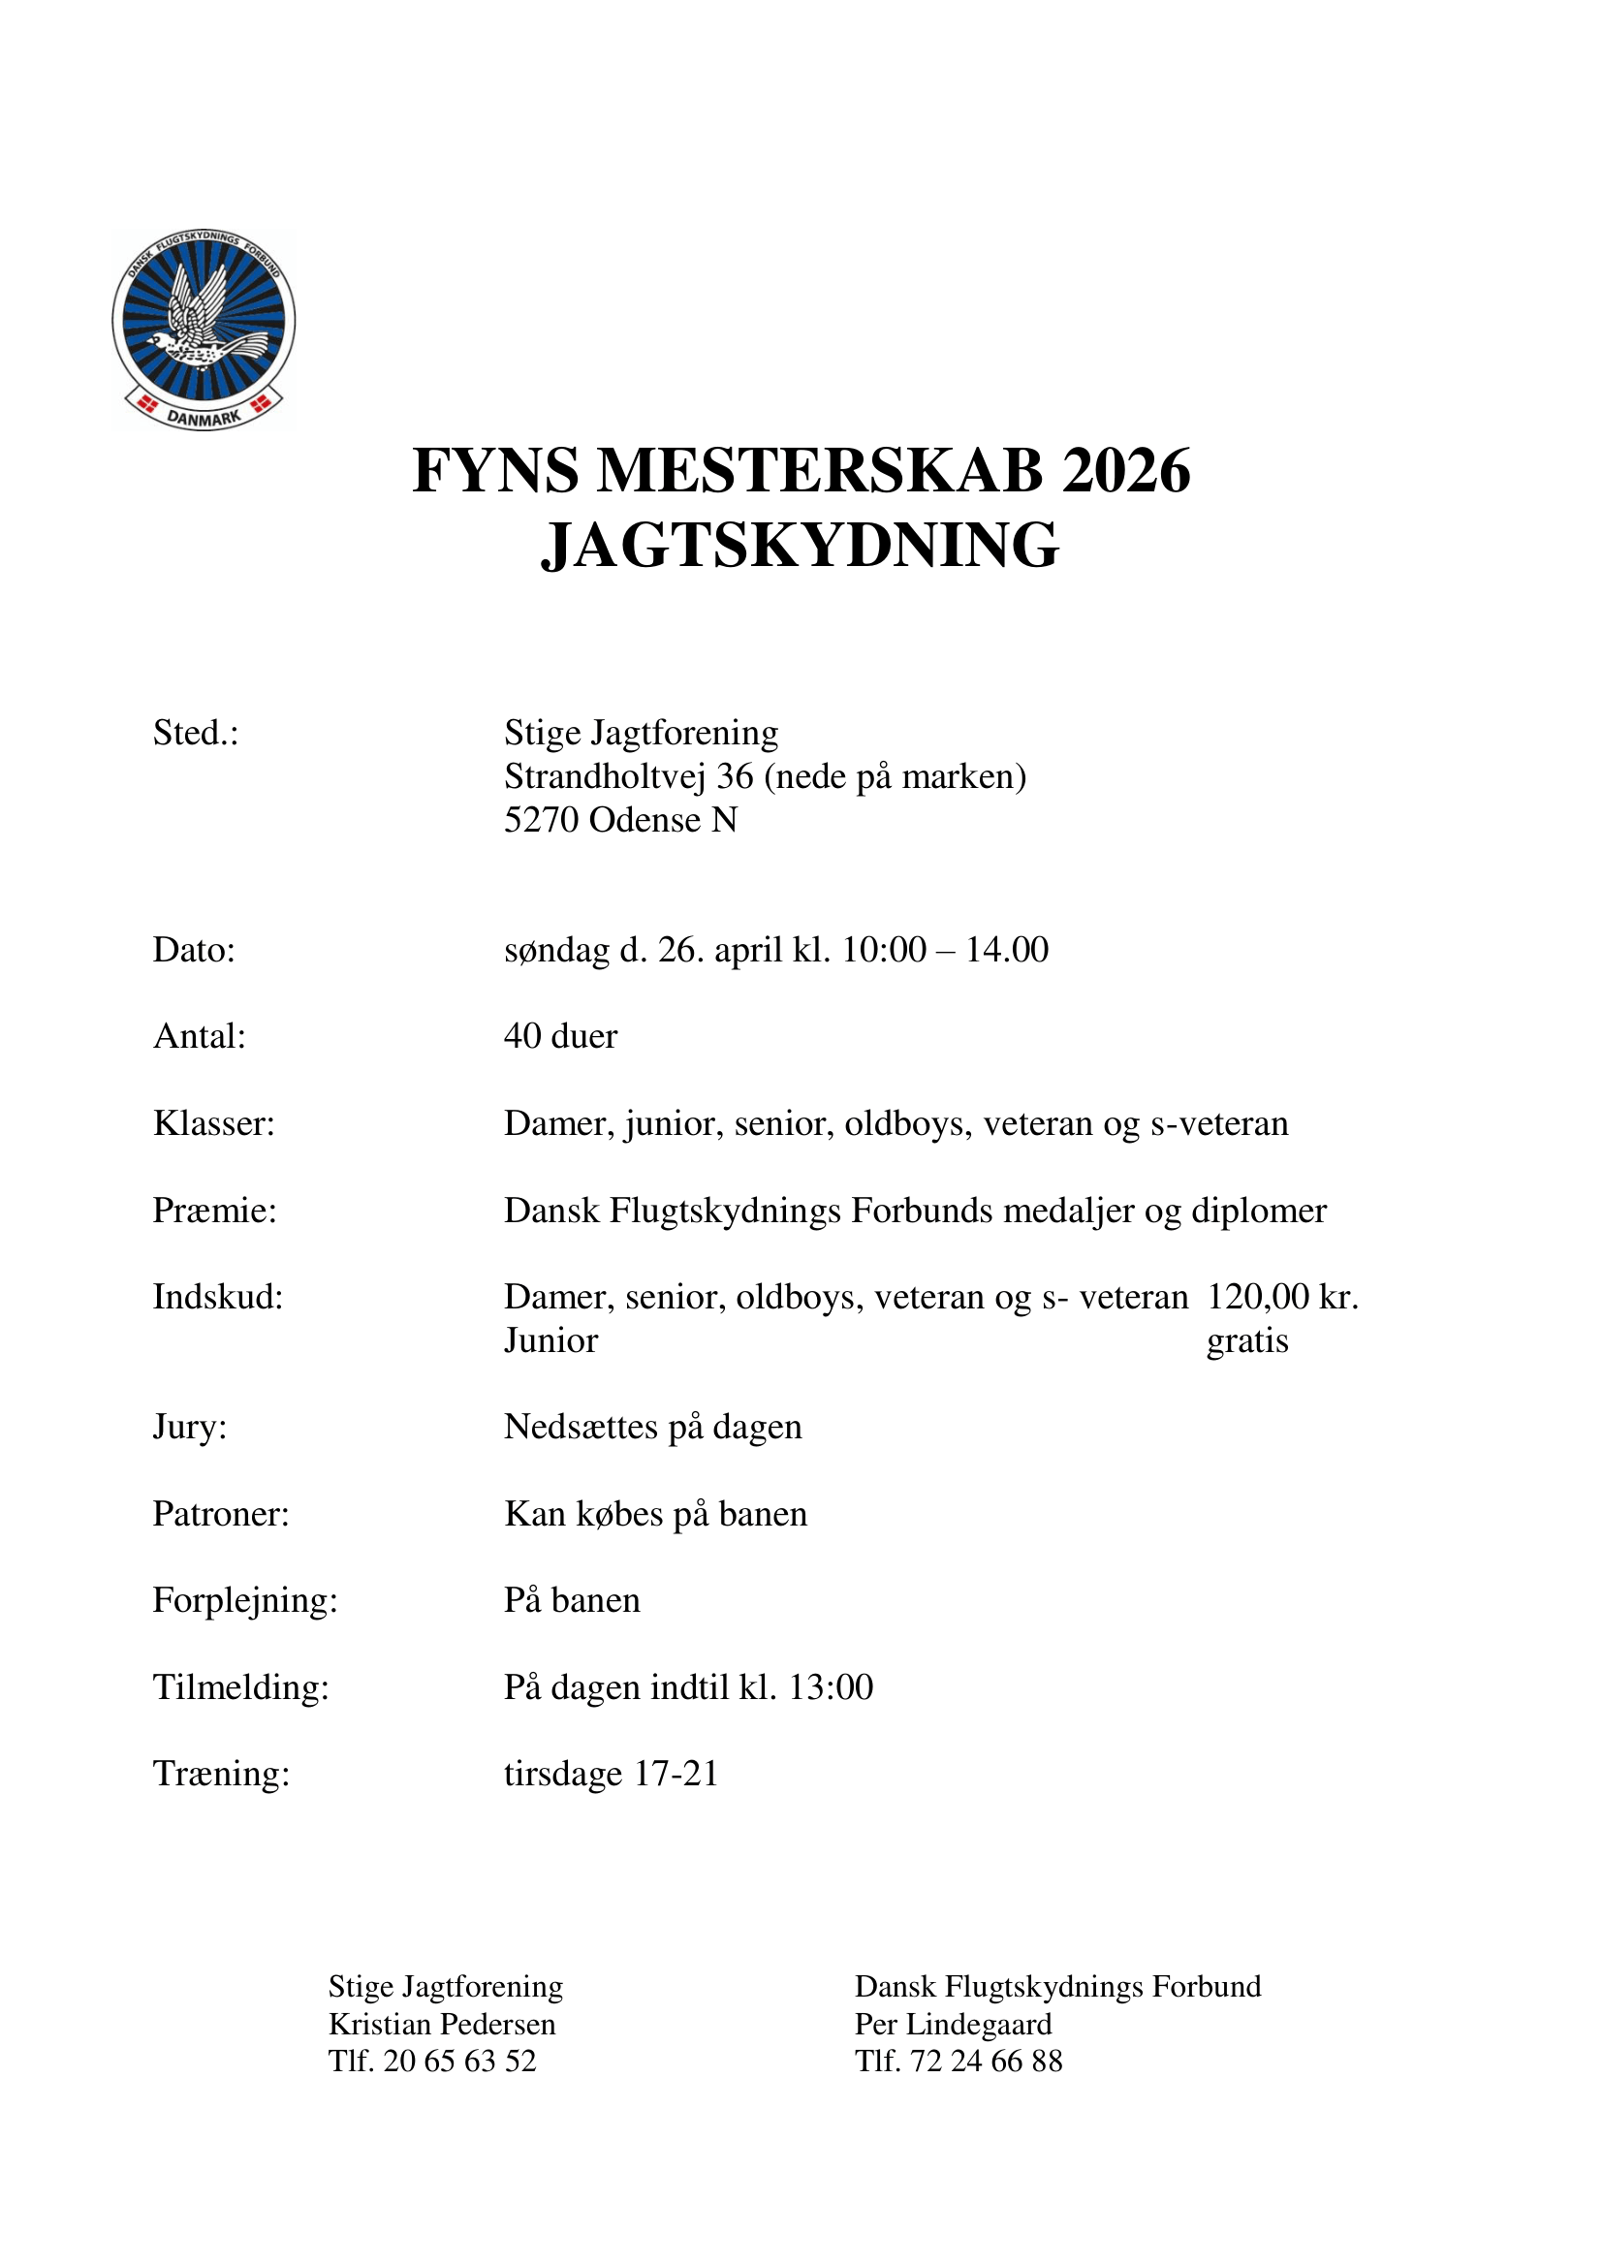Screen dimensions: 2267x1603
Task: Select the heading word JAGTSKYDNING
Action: click(800, 545)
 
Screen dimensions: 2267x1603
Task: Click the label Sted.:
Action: click(196, 733)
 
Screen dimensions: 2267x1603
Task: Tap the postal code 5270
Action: click(541, 820)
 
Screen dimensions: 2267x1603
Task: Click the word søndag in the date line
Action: click(556, 950)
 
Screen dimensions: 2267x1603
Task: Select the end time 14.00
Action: click(1007, 950)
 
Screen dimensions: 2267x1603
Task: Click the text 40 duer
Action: click(560, 1036)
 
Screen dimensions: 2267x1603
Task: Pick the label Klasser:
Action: click(213, 1123)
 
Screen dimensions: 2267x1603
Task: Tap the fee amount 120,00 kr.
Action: click(1282, 1297)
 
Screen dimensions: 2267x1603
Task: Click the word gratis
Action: click(1246, 1340)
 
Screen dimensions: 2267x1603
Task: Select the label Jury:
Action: click(190, 1427)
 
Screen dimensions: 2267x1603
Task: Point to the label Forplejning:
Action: click(245, 1599)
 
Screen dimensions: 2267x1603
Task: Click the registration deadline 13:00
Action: click(832, 1687)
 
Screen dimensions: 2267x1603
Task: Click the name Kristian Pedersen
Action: click(442, 2024)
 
